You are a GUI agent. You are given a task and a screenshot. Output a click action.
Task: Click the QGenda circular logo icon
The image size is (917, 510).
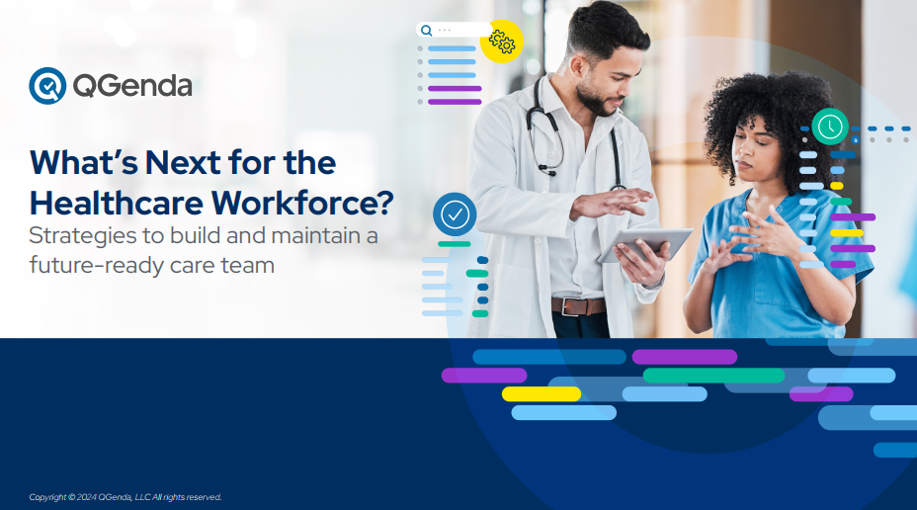tap(47, 86)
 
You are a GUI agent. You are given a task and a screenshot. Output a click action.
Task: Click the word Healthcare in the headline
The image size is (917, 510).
tap(117, 203)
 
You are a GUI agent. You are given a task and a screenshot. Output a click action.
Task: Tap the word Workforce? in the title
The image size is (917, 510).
tap(302, 203)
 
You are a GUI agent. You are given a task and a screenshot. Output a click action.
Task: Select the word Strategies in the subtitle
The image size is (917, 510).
tap(82, 236)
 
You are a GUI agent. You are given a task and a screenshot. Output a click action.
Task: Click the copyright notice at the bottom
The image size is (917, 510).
tap(125, 497)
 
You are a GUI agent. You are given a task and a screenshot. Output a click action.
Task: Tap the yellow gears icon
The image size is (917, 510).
tap(502, 42)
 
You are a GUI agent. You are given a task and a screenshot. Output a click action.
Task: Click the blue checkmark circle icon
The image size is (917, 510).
tap(455, 214)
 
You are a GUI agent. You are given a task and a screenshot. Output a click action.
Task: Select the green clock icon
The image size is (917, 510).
tap(830, 127)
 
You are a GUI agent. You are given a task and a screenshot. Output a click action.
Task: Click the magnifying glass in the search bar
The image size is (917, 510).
tap(426, 31)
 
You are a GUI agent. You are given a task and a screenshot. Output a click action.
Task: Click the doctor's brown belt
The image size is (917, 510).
tap(578, 305)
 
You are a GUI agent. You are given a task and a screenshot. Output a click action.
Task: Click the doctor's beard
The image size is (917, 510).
tap(595, 101)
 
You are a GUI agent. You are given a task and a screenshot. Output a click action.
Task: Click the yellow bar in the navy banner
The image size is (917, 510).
tap(542, 393)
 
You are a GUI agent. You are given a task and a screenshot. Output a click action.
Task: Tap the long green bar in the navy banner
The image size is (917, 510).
tap(713, 375)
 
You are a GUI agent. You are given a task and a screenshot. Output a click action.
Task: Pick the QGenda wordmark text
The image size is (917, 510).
tap(132, 86)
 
